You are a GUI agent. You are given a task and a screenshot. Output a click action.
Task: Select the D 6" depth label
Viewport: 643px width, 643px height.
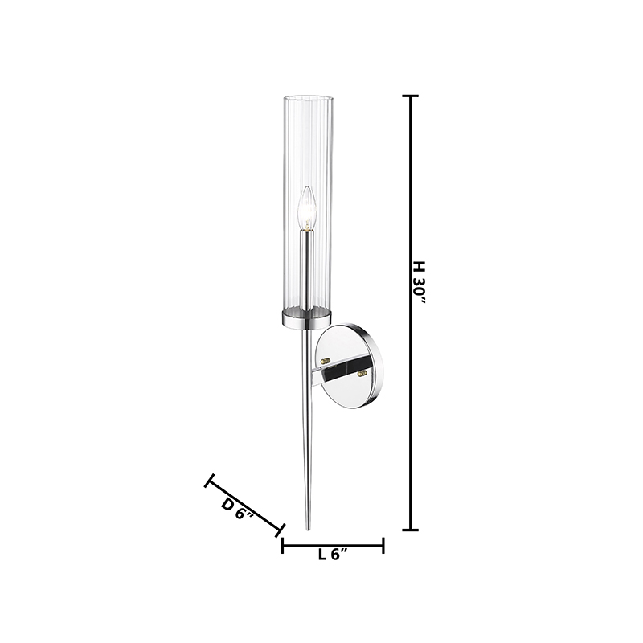238,510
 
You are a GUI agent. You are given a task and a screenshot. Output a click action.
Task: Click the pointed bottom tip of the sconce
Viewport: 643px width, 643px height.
308,530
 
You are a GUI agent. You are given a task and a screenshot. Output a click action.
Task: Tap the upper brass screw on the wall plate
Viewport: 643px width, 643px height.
326,360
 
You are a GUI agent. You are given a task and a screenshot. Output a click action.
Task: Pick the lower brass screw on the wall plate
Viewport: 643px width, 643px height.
362,372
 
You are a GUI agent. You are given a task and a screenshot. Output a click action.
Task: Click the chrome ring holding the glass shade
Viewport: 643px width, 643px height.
307,318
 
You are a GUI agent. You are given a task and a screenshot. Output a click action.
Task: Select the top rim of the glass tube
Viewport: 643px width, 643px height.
307,99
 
